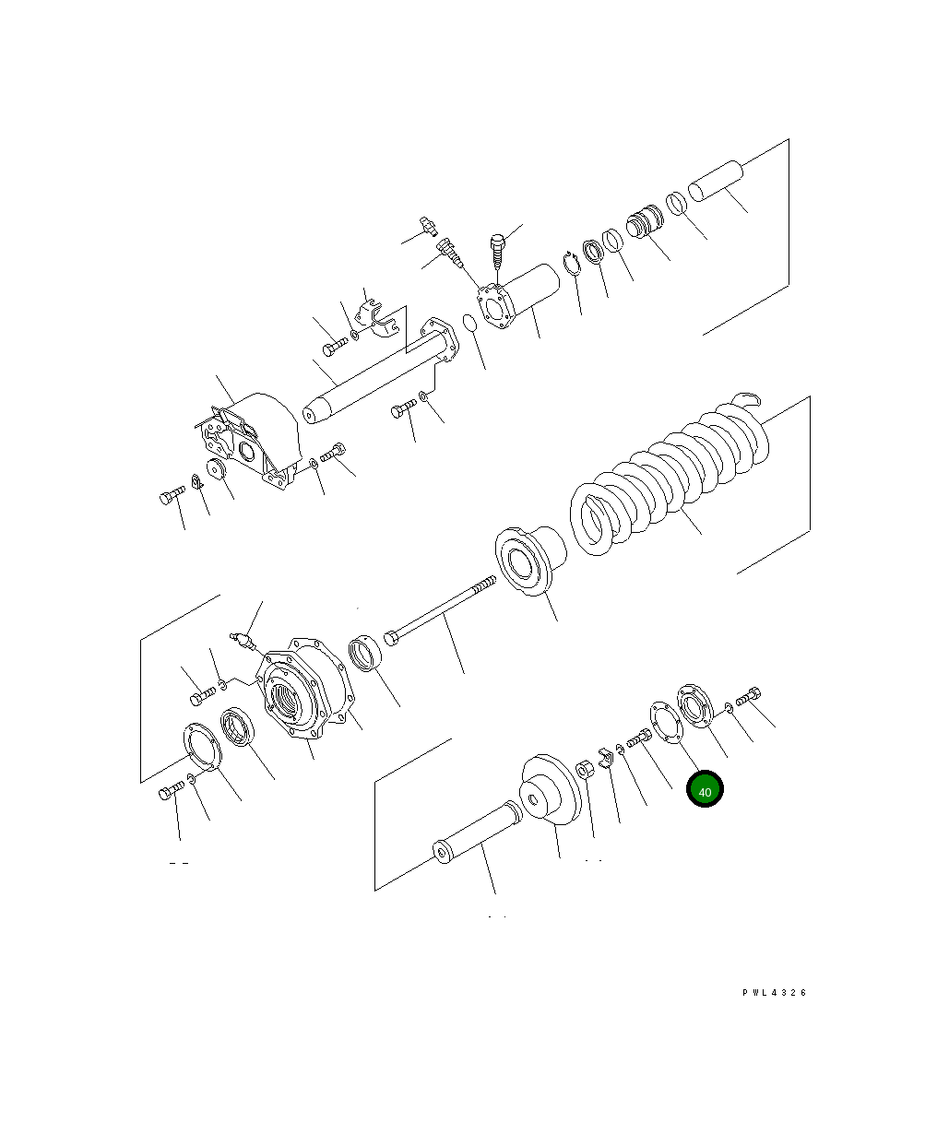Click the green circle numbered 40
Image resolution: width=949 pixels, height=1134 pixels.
705,788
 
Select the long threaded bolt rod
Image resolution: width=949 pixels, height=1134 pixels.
440,610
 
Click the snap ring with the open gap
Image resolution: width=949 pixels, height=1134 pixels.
572,264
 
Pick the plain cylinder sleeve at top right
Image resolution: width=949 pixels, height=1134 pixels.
716,181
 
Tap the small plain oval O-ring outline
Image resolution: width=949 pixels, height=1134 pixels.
470,323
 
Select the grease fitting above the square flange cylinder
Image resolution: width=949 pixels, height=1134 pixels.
429,226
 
